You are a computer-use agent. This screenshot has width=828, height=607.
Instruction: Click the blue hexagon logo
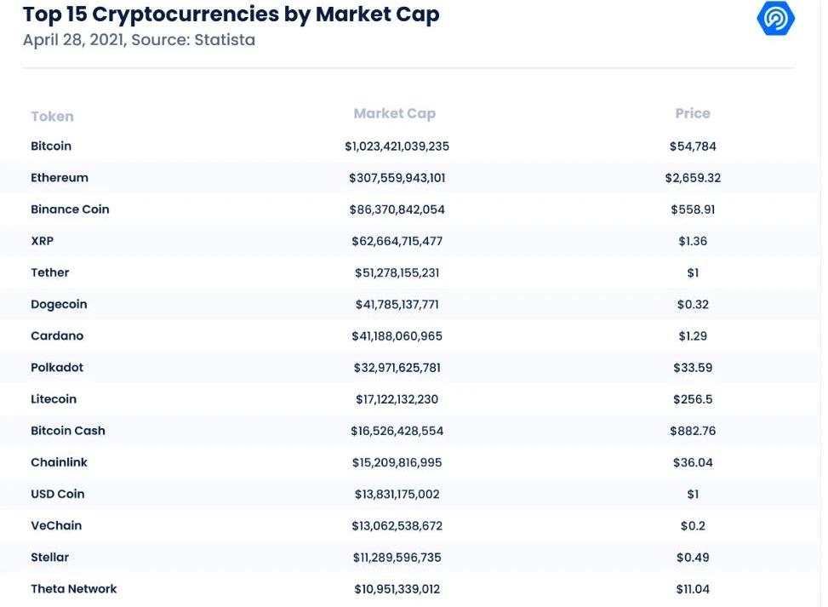pyautogui.click(x=775, y=18)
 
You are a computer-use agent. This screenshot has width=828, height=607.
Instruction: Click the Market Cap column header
pyautogui.click(x=395, y=113)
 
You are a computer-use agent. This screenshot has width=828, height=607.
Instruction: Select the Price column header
pyautogui.click(x=693, y=113)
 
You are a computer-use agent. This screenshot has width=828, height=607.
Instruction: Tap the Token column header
pyautogui.click(x=52, y=117)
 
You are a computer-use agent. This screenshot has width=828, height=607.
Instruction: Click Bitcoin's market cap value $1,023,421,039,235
pyautogui.click(x=397, y=146)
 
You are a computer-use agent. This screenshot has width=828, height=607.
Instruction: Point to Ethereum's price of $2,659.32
pyautogui.click(x=693, y=178)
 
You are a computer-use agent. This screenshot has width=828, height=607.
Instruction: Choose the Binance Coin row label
pyautogui.click(x=70, y=209)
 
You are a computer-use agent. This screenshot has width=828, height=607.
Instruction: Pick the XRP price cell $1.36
pyautogui.click(x=693, y=241)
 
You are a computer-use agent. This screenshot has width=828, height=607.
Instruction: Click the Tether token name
pyautogui.click(x=49, y=272)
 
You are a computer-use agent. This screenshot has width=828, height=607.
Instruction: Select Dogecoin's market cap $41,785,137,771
pyautogui.click(x=397, y=304)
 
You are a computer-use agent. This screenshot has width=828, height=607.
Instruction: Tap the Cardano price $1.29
pyautogui.click(x=693, y=335)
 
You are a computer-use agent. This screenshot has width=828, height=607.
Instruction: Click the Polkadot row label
pyautogui.click(x=57, y=368)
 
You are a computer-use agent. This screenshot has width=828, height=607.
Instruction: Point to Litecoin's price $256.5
pyautogui.click(x=693, y=399)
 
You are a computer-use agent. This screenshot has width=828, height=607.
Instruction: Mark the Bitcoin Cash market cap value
pyautogui.click(x=397, y=431)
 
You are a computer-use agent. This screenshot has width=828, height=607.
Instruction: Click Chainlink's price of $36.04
pyautogui.click(x=693, y=462)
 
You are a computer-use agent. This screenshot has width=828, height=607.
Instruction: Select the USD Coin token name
pyautogui.click(x=57, y=494)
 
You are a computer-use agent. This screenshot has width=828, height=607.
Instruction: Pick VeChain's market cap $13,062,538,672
pyautogui.click(x=397, y=525)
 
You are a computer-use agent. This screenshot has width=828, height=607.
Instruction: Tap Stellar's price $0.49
pyautogui.click(x=693, y=558)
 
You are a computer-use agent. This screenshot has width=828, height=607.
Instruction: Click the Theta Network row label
pyautogui.click(x=73, y=589)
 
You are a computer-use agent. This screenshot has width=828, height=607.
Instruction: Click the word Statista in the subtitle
pyautogui.click(x=225, y=40)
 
